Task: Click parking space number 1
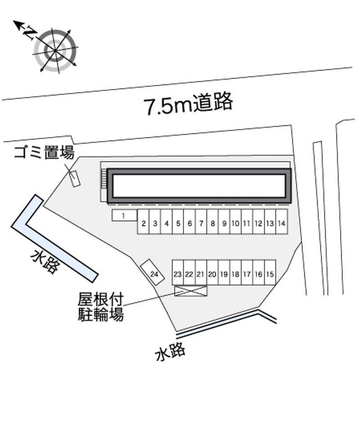124,216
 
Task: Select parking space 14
281,222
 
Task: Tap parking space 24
152,272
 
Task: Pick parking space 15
270,272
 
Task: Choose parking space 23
178,272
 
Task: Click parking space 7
201,222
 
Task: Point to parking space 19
224,272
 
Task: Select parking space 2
144,222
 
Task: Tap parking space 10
235,222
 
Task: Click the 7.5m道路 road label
188,103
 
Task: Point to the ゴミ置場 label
44,152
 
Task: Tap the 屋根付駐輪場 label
101,307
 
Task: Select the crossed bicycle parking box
191,291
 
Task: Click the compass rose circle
55,50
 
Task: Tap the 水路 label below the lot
170,352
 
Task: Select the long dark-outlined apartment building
199,186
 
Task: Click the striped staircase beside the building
104,179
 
